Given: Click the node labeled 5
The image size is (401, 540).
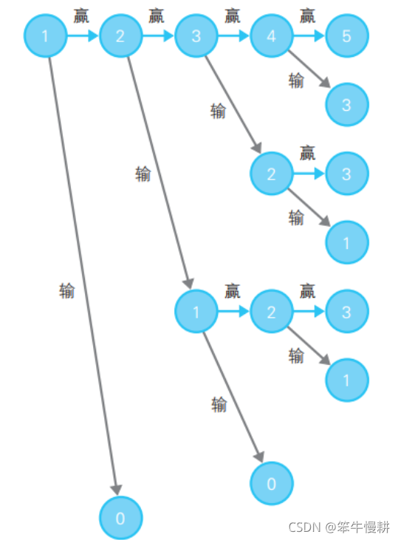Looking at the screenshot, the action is [x=347, y=35].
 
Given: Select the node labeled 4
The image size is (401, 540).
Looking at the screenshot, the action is [x=272, y=35].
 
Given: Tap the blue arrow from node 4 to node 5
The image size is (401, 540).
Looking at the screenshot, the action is [x=309, y=35].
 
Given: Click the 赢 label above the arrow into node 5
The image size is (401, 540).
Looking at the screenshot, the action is [x=307, y=16].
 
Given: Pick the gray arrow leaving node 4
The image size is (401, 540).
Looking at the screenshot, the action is [x=309, y=69].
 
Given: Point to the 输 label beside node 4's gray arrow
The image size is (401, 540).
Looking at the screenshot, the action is [x=296, y=81].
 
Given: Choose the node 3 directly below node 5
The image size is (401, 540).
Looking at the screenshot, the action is [x=347, y=105].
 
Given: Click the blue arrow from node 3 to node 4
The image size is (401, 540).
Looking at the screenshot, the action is [x=233, y=35].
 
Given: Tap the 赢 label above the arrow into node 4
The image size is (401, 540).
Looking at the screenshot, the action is [x=233, y=16].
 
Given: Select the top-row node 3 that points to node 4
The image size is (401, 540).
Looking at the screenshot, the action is [x=196, y=35].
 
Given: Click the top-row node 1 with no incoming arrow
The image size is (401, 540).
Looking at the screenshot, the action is [x=45, y=35].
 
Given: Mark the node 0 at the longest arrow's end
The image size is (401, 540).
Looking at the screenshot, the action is [x=120, y=518].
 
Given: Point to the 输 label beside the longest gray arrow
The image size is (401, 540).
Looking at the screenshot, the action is [x=66, y=291].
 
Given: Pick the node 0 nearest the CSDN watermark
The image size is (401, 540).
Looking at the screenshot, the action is [x=272, y=484].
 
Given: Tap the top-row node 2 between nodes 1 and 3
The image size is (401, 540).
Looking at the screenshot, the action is [x=120, y=35].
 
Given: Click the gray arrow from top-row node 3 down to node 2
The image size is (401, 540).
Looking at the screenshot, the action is [x=233, y=104].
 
